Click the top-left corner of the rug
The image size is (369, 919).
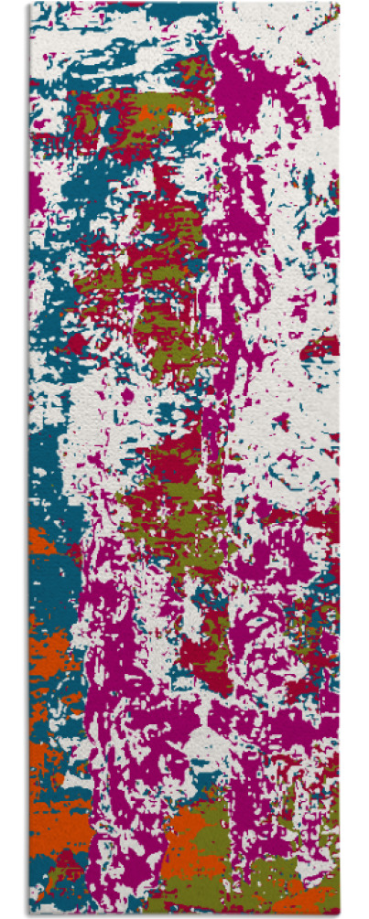(x=30, y=3)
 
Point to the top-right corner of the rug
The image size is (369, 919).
(x=339, y=3)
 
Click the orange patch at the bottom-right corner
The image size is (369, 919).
(x=316, y=901)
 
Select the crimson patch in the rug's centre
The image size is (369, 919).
(x=174, y=457)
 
